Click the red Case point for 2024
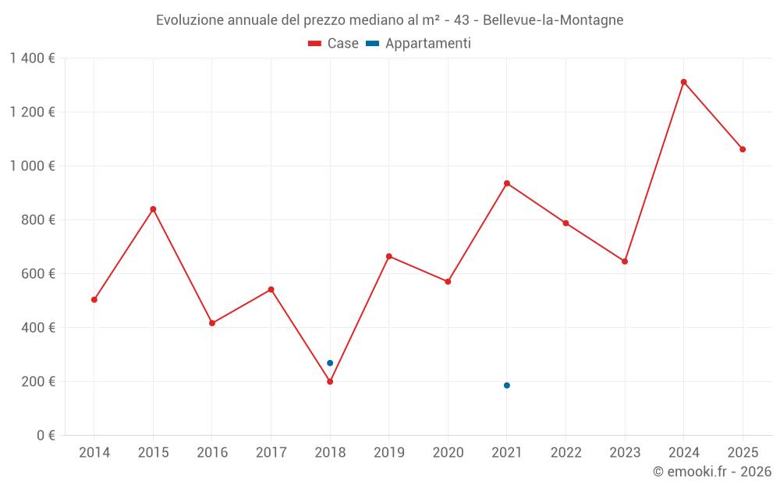[x=683, y=82]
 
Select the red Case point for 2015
[x=153, y=209]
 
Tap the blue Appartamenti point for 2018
[x=330, y=363]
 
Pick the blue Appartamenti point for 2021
[x=507, y=386]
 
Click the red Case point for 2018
[x=330, y=382]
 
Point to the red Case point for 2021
[x=507, y=183]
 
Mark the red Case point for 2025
[x=743, y=149]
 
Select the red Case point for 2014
[x=94, y=300]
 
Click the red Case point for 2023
[x=625, y=262]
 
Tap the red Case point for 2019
[x=389, y=256]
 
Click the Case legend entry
[x=334, y=44]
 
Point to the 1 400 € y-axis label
[x=32, y=59]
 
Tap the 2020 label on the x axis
[x=448, y=453]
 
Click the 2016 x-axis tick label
[x=212, y=453]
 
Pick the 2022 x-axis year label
[x=565, y=453]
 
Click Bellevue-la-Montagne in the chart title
[x=553, y=20]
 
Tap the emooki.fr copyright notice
[x=711, y=472]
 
